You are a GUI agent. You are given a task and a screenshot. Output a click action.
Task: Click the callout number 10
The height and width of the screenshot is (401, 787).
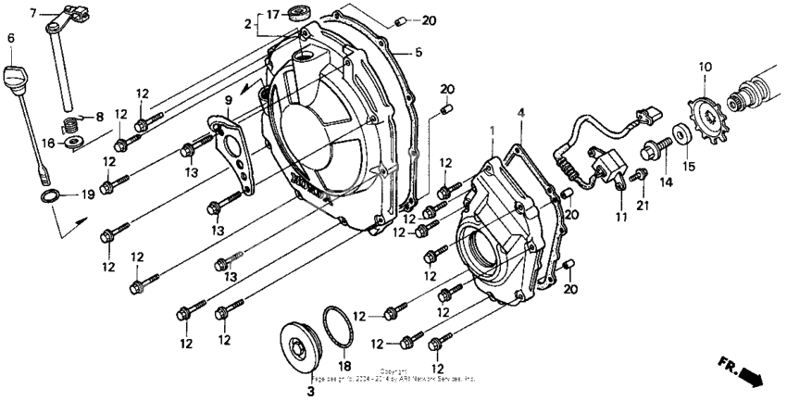click(705, 67)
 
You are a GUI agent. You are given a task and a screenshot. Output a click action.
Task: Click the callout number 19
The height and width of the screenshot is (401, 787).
click(88, 194)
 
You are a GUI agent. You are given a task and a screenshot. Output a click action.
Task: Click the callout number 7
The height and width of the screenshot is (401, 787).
click(34, 14)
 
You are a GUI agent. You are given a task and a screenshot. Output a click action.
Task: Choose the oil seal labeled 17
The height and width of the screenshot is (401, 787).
click(299, 13)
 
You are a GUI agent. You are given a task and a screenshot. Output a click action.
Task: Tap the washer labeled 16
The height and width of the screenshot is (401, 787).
click(73, 141)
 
